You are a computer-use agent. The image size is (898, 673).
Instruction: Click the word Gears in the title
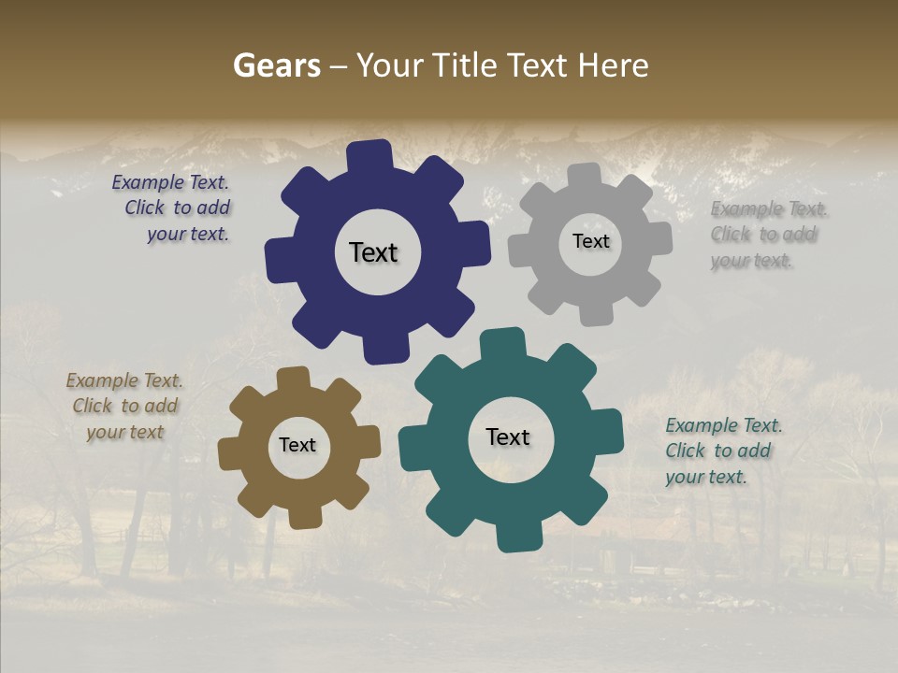click(x=276, y=65)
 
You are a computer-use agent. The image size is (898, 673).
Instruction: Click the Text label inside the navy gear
click(x=373, y=252)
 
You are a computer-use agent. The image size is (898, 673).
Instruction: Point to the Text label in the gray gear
click(x=590, y=241)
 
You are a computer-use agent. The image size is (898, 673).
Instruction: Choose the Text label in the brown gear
click(x=297, y=445)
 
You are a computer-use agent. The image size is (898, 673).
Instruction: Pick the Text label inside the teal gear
click(x=508, y=437)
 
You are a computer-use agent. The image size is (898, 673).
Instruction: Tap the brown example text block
click(x=124, y=407)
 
